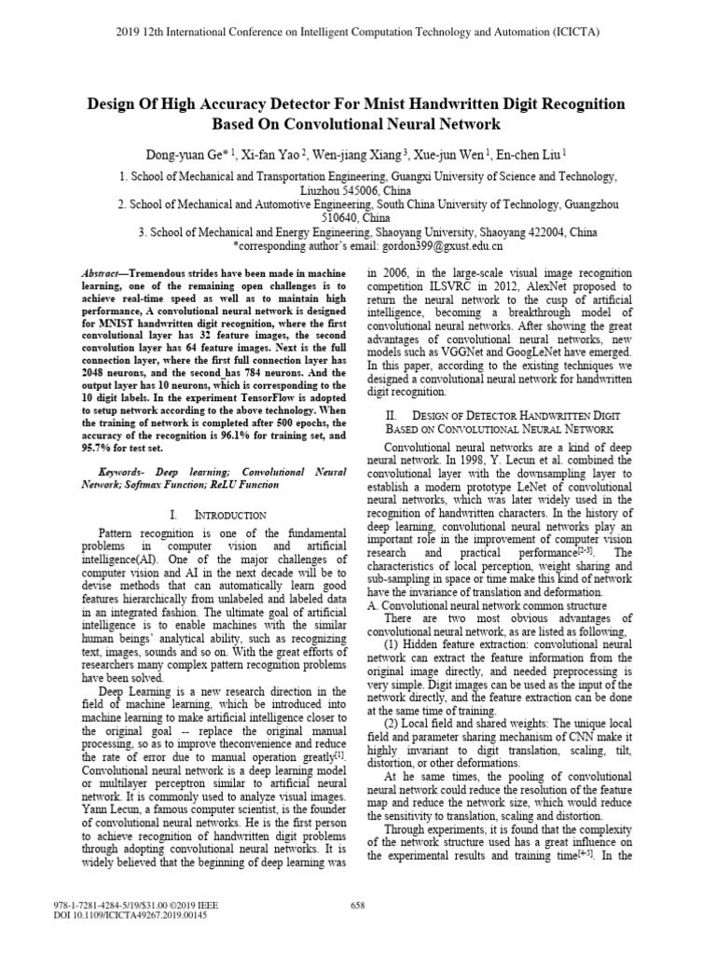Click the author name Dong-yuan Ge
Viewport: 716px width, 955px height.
186,153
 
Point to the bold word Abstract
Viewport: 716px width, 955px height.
104,269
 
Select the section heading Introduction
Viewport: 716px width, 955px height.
227,514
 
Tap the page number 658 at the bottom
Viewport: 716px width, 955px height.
357,905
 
